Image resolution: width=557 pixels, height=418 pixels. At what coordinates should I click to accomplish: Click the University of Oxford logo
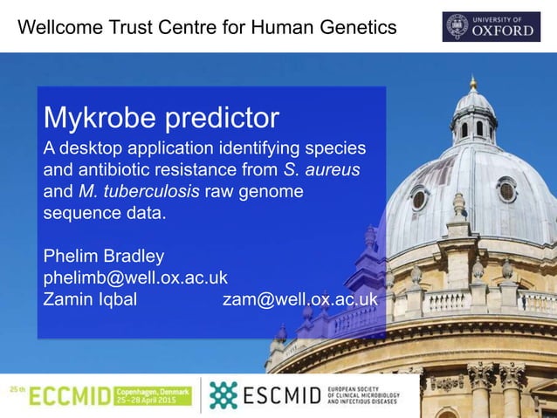(492, 26)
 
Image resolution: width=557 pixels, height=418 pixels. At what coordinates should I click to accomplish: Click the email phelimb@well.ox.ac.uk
(135, 278)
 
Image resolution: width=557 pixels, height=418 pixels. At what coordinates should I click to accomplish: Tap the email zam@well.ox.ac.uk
(300, 299)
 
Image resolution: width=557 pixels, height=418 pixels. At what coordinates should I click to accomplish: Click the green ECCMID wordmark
(71, 397)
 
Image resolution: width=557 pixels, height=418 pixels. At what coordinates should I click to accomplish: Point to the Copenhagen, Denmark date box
(153, 397)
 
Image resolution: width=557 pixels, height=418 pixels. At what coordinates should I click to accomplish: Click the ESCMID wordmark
(278, 397)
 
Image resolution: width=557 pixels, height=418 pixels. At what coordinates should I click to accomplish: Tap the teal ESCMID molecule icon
(223, 395)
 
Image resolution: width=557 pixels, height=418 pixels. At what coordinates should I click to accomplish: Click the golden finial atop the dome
(473, 83)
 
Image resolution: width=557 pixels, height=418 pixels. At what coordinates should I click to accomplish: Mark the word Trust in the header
(134, 28)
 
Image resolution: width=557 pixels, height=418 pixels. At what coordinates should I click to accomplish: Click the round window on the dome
(506, 189)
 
